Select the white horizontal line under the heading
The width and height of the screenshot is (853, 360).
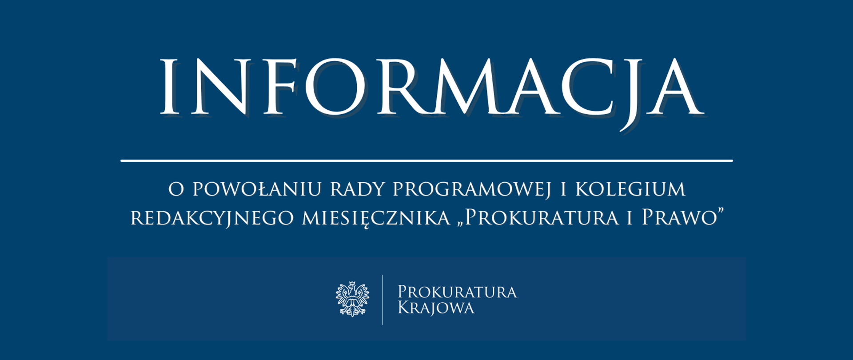pos(426,160)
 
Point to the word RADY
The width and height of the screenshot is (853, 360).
pos(358,189)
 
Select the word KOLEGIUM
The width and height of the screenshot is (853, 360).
pos(631,189)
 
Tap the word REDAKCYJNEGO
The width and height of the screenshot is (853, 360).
pos(212,218)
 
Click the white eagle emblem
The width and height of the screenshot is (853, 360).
pos(352,299)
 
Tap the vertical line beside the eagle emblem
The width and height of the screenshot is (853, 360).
pos(383,300)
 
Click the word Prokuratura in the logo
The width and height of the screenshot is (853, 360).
pos(457,292)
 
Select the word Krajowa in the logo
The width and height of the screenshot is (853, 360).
pos(436,308)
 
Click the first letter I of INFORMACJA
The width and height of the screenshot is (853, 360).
pos(169,87)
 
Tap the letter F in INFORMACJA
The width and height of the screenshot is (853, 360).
pos(279,87)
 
